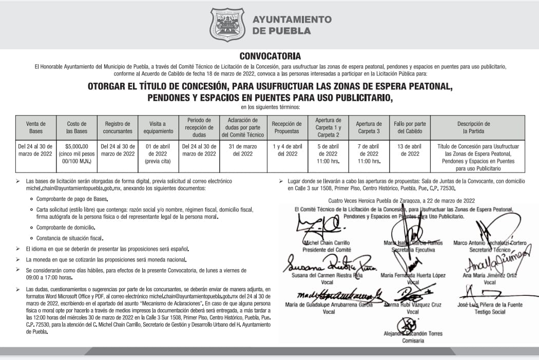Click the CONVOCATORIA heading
click(x=270, y=56)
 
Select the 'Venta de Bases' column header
click(x=36, y=127)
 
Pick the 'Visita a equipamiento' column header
click(x=158, y=127)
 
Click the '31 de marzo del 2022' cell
click(x=243, y=149)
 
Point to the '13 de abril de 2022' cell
click(x=410, y=149)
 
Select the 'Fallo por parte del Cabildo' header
click(x=410, y=127)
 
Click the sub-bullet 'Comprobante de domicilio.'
click(x=65, y=227)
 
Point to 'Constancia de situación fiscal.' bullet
click(x=70, y=238)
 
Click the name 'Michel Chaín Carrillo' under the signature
click(x=326, y=242)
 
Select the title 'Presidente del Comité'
click(x=326, y=249)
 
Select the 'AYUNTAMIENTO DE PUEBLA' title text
click(x=292, y=25)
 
